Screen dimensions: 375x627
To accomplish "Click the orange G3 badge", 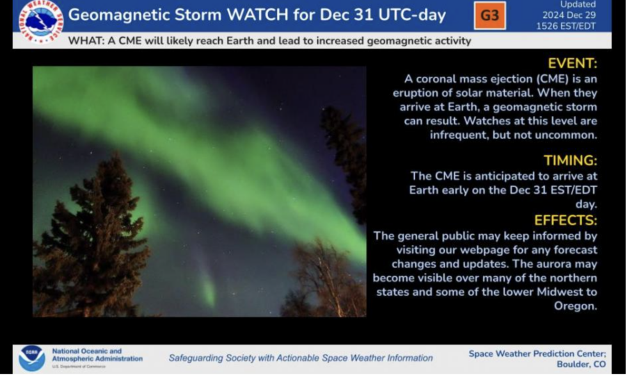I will (x=489, y=15).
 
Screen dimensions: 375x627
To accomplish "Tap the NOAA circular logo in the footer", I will (x=32, y=358).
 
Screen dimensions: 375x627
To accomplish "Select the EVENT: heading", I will (x=572, y=63).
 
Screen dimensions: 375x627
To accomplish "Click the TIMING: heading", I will (x=570, y=160).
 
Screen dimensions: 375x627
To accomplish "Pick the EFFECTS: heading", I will (x=566, y=221).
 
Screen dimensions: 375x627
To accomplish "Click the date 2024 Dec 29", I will (x=567, y=15).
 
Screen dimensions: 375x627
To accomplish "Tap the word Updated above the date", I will (x=580, y=4).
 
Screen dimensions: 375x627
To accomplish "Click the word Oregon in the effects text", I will (x=575, y=306).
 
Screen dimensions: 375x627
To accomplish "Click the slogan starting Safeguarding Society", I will (x=301, y=358).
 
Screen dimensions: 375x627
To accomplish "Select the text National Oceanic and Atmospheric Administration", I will (x=96, y=355).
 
